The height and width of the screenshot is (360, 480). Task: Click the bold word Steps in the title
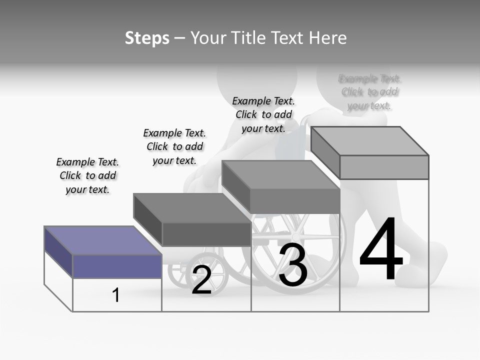pyautogui.click(x=147, y=38)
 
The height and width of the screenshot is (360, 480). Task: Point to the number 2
pyautogui.click(x=201, y=280)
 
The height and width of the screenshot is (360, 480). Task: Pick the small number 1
pyautogui.click(x=116, y=295)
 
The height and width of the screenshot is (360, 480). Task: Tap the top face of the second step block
pyautogui.click(x=192, y=207)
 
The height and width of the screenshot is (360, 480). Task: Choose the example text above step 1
pyautogui.click(x=87, y=175)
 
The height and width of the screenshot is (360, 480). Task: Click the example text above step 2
pyautogui.click(x=174, y=146)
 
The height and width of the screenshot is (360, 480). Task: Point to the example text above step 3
pyautogui.click(x=263, y=114)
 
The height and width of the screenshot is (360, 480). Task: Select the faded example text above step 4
pyautogui.click(x=369, y=92)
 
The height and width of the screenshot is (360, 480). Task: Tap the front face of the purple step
pyautogui.click(x=117, y=266)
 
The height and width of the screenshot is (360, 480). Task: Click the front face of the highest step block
pyautogui.click(x=384, y=167)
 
